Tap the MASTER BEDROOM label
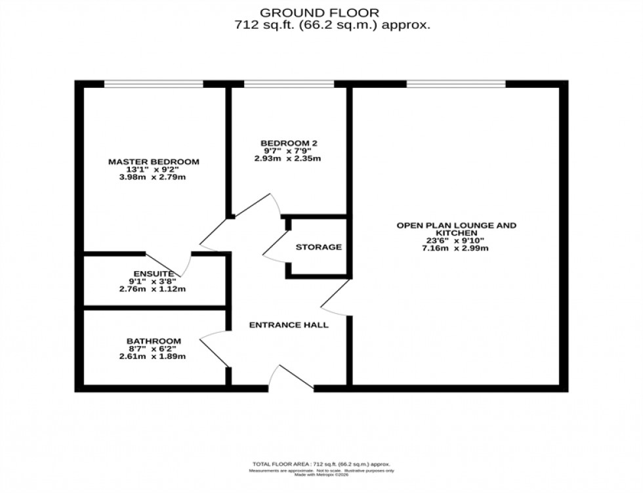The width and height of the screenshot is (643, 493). [x=154, y=161]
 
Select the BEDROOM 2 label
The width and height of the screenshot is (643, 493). [x=289, y=142]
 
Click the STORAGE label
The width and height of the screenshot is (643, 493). [x=318, y=247]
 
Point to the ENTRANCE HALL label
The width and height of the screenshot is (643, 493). [x=289, y=325]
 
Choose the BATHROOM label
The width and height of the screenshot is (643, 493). [x=154, y=341]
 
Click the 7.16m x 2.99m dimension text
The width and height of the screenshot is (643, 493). [x=456, y=248]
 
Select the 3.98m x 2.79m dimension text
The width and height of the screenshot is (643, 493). [x=154, y=178]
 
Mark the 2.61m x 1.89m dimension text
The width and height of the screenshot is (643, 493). [x=154, y=356]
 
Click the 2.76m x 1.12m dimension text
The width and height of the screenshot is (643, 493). [x=154, y=289]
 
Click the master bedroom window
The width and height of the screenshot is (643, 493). [x=154, y=83]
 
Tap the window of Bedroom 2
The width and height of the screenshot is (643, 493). [x=289, y=83]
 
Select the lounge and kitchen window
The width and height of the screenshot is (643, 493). [x=456, y=83]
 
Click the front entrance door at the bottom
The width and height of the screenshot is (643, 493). [x=291, y=381]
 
